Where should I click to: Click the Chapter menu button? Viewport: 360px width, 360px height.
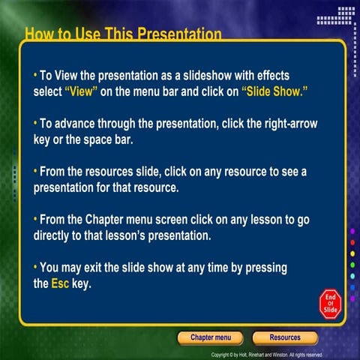point(210,337)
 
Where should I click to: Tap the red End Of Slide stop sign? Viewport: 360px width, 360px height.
point(330,302)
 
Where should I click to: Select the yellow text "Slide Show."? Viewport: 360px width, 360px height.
point(275,90)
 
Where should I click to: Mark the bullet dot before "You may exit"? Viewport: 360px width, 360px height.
point(34,267)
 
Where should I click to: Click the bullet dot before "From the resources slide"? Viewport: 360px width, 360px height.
point(34,171)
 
